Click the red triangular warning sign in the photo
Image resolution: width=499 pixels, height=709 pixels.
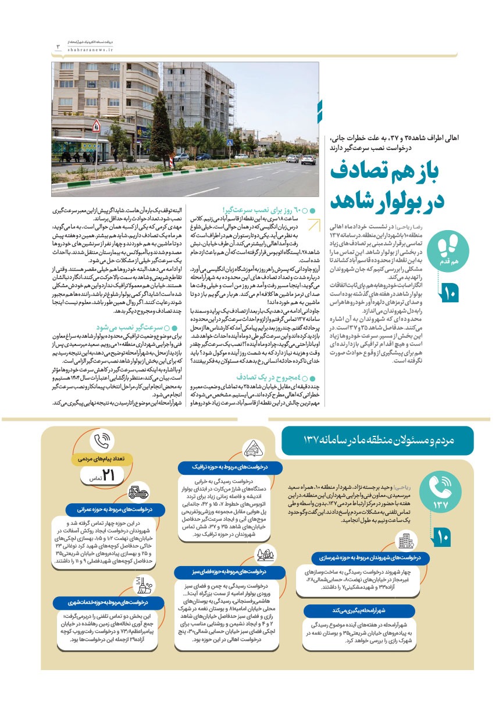click(x=96, y=124)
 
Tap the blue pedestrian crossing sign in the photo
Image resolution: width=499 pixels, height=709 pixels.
click(x=230, y=142)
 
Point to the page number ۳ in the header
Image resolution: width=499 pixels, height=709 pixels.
click(x=57, y=46)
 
